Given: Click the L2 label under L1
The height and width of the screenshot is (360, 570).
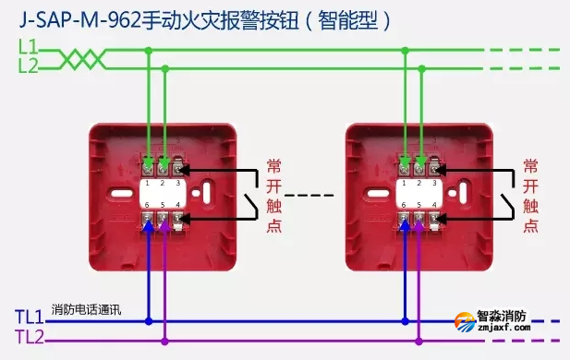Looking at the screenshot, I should [29, 66].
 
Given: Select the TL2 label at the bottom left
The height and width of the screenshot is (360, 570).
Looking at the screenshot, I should [29, 339].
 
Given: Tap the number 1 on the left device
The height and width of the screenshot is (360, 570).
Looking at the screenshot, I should [147, 185].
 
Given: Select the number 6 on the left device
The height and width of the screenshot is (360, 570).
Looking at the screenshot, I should [147, 204].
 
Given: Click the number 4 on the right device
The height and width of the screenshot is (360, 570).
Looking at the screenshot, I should [435, 204].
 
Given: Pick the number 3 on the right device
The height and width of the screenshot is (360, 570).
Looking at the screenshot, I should [435, 185].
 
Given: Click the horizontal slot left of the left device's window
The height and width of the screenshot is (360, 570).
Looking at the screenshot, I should [118, 196].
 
